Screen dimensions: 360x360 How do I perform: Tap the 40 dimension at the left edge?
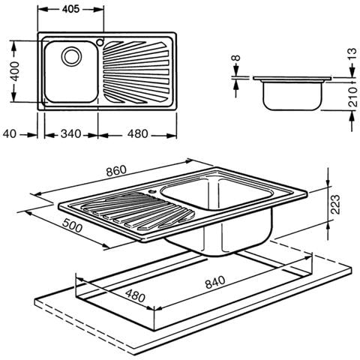[10, 134]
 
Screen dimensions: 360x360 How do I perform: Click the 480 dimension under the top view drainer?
[137, 134]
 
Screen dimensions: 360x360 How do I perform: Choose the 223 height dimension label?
[334, 202]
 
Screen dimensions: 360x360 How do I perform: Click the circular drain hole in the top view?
[71, 55]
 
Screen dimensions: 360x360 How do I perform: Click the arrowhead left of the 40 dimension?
[33, 134]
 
